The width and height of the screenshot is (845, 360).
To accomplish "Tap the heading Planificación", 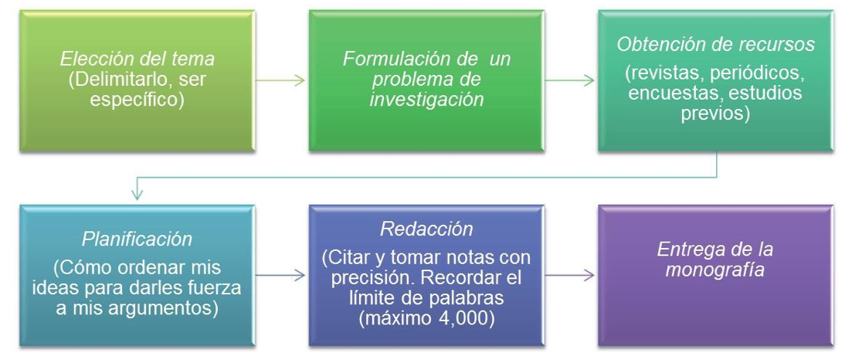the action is [137, 239].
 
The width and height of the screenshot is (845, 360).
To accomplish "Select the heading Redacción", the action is [426, 229].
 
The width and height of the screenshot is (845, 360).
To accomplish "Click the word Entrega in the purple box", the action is [688, 249].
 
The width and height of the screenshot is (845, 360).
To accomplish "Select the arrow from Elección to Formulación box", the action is [280, 81].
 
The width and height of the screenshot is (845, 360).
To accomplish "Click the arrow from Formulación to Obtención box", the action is [569, 81].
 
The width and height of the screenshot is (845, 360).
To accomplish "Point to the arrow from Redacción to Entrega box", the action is [569, 275].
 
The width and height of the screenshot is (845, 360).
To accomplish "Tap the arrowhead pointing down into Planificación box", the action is [137, 194].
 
